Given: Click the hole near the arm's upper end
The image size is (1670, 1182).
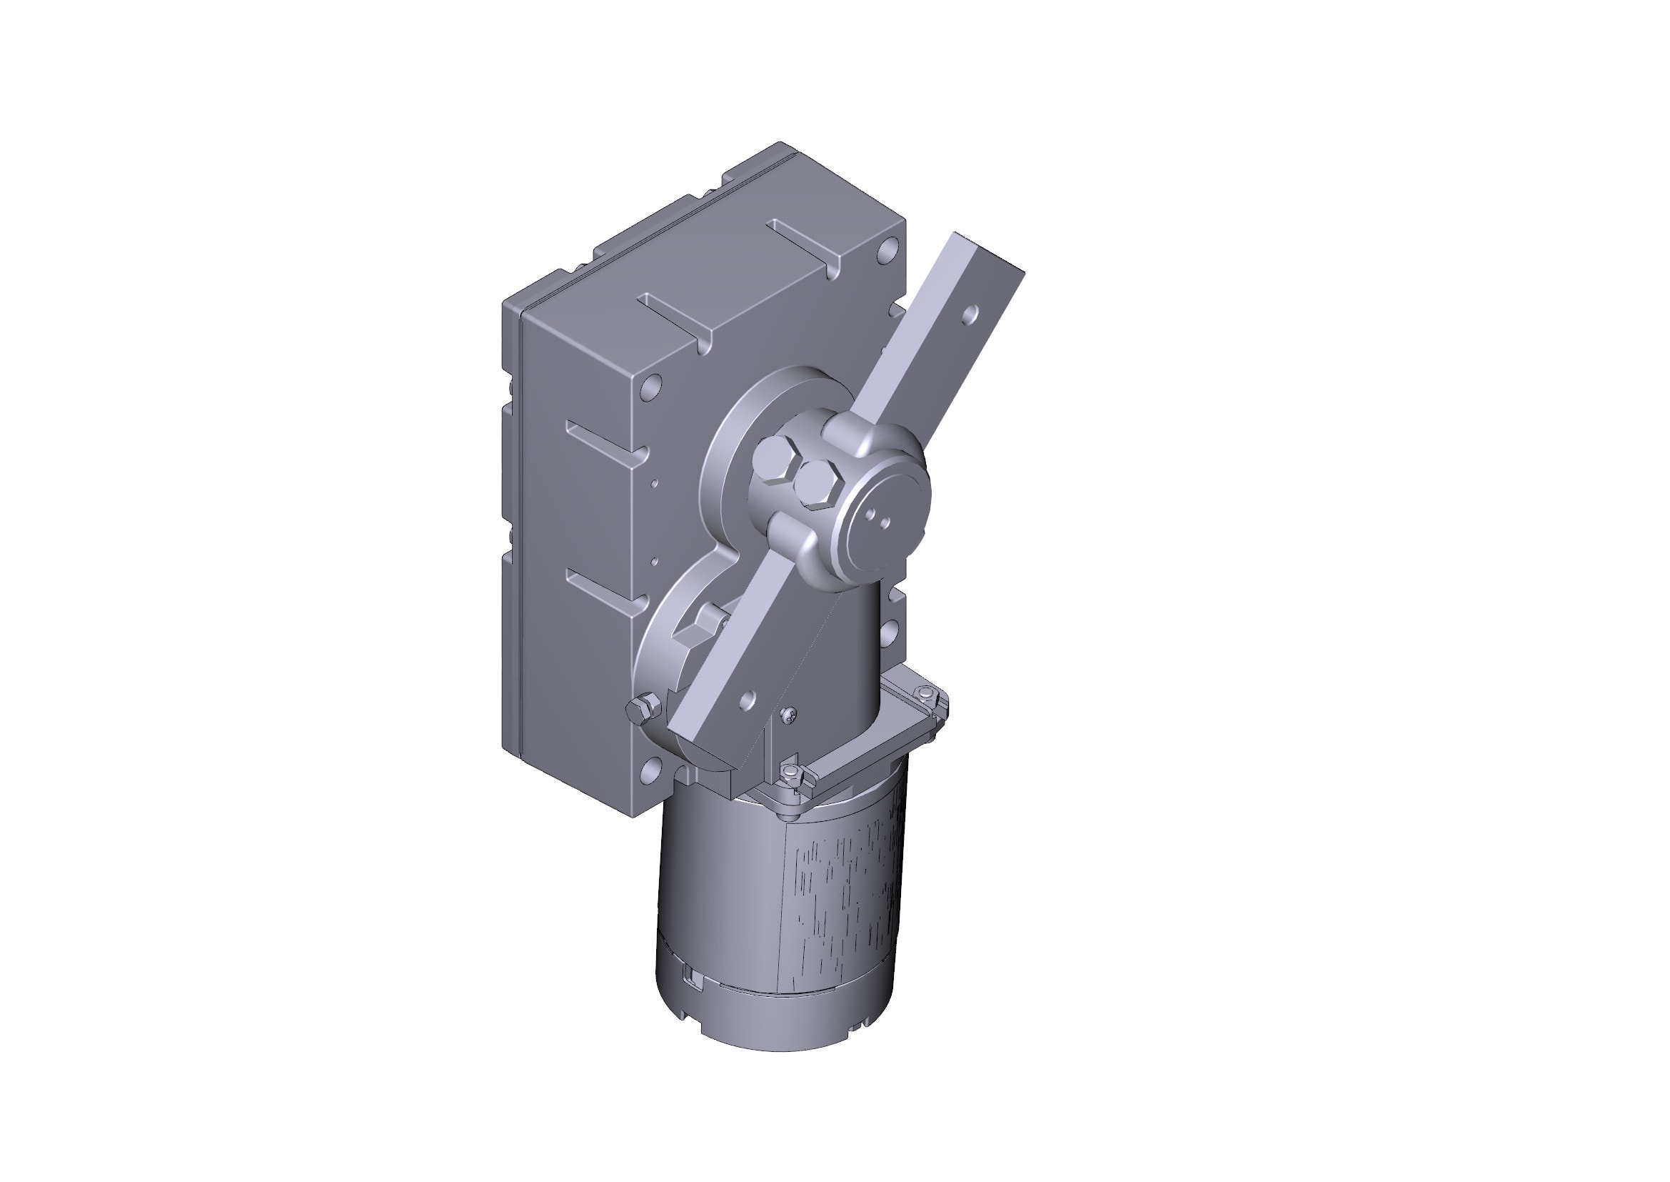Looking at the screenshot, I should click(x=969, y=314).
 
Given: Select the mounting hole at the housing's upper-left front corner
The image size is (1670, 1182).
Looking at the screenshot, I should click(x=653, y=386).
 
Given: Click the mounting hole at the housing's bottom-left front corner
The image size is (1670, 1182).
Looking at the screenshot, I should click(x=651, y=770).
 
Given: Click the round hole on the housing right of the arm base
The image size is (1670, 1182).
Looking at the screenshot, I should click(x=890, y=629).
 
